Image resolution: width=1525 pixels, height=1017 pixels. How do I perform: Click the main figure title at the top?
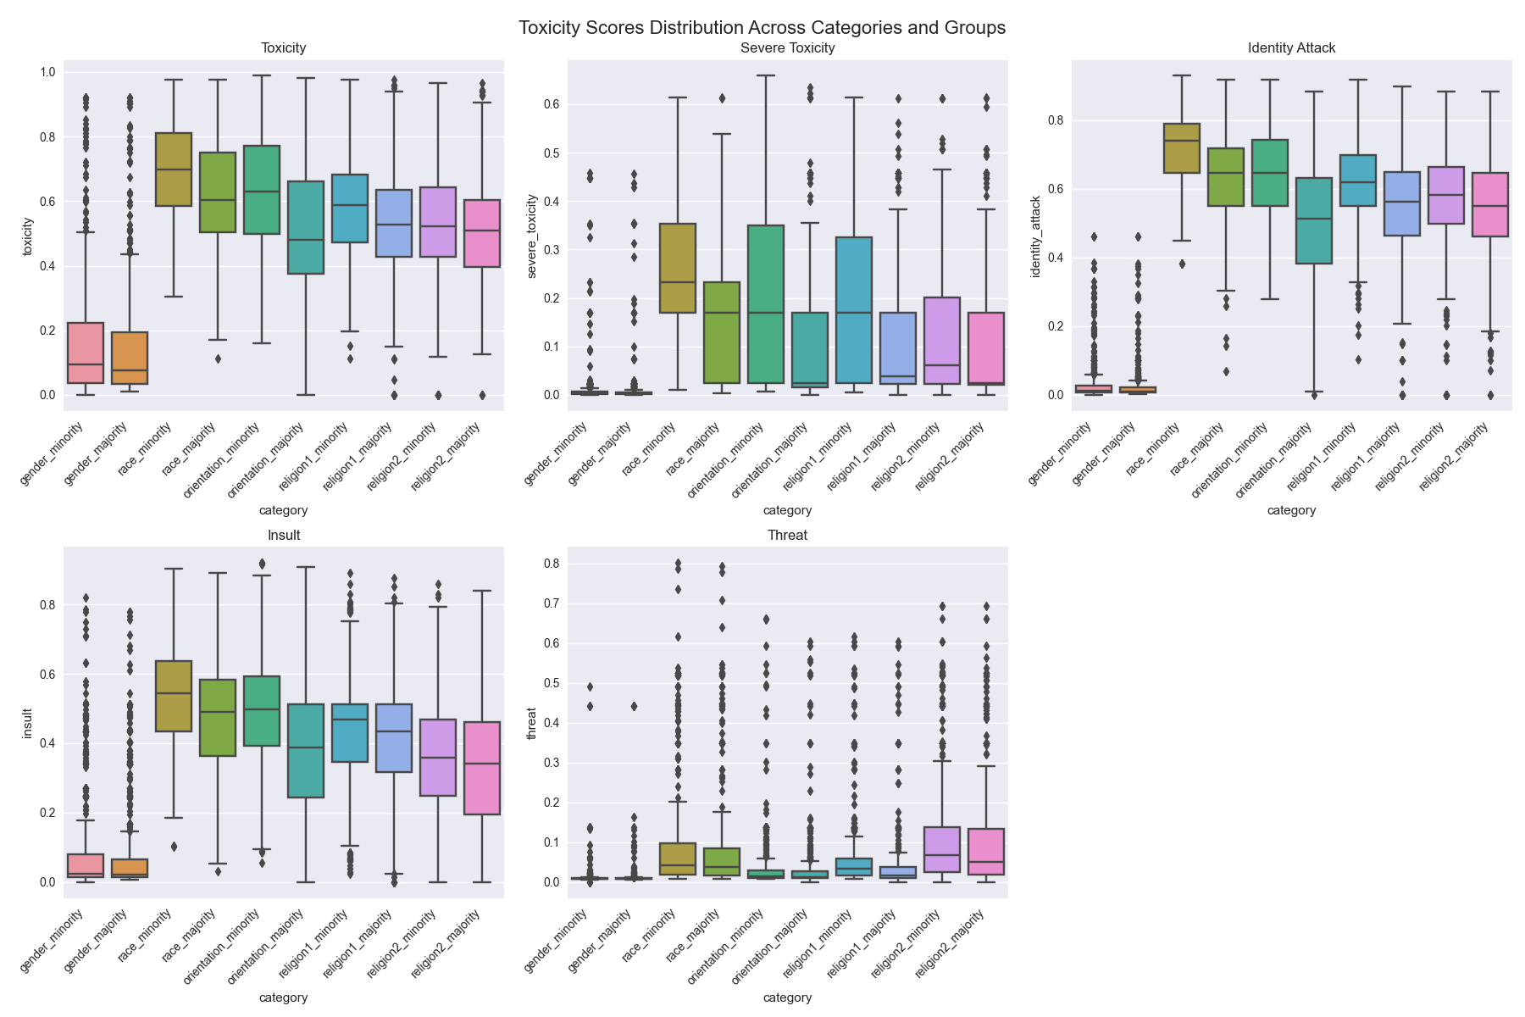pyautogui.click(x=762, y=27)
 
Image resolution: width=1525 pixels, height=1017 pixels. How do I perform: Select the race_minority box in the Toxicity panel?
pyautogui.click(x=173, y=169)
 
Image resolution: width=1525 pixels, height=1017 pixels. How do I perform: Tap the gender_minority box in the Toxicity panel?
pyautogui.click(x=85, y=353)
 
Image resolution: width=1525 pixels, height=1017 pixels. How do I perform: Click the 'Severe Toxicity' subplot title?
pyautogui.click(x=787, y=48)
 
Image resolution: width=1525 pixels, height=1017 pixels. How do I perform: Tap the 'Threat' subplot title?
pyautogui.click(x=787, y=536)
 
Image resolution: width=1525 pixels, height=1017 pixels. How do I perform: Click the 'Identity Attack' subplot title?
pyautogui.click(x=1291, y=48)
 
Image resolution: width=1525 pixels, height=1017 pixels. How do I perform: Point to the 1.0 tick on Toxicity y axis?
pyautogui.click(x=47, y=73)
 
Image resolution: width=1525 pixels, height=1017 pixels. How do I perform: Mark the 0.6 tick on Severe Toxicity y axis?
pyautogui.click(x=551, y=104)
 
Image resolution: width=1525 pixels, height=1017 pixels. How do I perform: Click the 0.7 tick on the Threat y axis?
pyautogui.click(x=551, y=603)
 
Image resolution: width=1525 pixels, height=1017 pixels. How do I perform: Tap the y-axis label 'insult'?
pyautogui.click(x=27, y=723)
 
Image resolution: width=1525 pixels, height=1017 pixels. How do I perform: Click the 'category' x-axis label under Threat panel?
pyautogui.click(x=787, y=998)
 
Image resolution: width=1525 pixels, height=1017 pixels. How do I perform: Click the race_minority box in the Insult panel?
pyautogui.click(x=173, y=696)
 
